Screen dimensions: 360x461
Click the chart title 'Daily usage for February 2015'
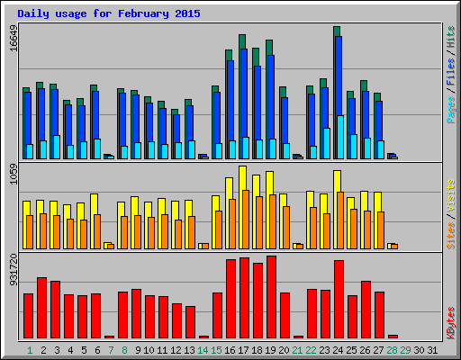point(109,14)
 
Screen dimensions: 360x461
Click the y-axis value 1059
point(13,174)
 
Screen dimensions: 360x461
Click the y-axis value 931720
point(13,269)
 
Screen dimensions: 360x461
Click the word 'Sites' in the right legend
point(450,234)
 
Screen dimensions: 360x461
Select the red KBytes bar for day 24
point(339,299)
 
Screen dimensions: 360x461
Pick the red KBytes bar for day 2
point(41,307)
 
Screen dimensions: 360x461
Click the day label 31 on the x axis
point(433,350)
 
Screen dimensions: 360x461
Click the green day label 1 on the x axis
point(30,350)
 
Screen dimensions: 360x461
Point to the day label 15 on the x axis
point(216,350)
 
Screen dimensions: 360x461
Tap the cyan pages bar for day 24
point(340,137)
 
